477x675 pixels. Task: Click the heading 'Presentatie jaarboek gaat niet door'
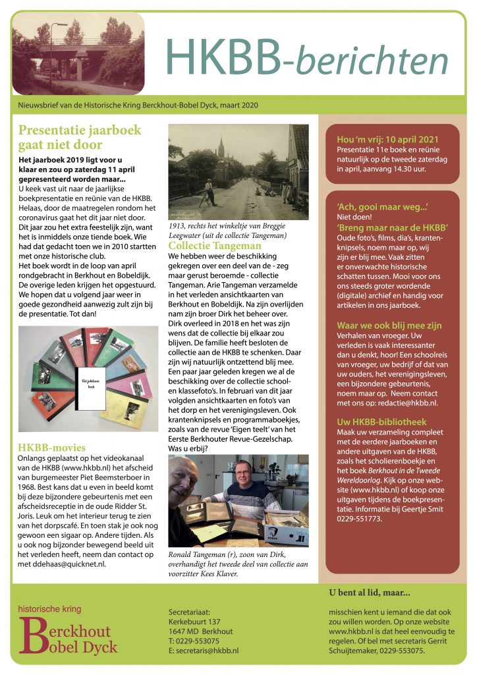click(x=79, y=137)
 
